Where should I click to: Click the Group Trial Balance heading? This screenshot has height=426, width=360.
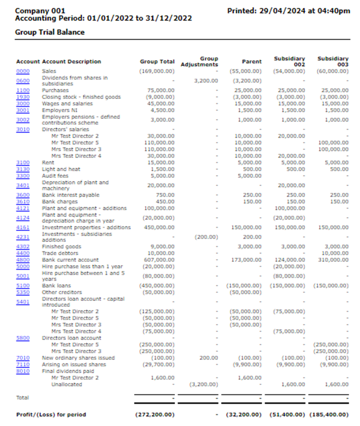point(50,33)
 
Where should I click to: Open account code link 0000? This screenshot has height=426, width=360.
point(23,71)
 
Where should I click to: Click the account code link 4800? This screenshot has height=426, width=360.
point(23,260)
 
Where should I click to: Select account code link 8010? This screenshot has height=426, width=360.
point(23,371)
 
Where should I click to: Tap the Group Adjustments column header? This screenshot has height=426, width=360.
point(200,62)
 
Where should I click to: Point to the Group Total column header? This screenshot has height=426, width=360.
point(157,62)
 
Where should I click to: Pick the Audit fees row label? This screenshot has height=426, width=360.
point(54,176)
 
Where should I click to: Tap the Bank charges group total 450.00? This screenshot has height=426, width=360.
point(166,202)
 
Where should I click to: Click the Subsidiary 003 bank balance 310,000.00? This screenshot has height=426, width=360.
point(333,260)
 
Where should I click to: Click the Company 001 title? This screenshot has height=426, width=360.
point(40,11)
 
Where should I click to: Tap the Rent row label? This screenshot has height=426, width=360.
point(48,162)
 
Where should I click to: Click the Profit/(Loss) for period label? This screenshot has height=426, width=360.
point(51,415)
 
